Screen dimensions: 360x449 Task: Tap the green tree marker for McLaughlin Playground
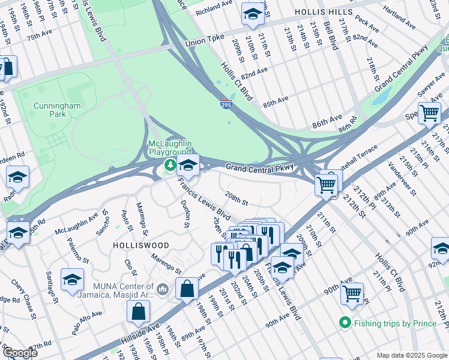pyautogui.click(x=170, y=166)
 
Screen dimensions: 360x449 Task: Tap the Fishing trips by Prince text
pyautogui.click(x=395, y=323)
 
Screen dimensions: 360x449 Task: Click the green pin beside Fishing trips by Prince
pyautogui.click(x=345, y=323)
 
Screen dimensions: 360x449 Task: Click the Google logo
pyautogui.click(x=20, y=353)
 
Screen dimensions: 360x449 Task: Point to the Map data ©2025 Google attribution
pyautogui.click(x=411, y=355)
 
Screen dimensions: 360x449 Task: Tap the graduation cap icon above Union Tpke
pyautogui.click(x=253, y=14)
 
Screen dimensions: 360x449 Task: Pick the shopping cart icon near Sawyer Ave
pyautogui.click(x=430, y=113)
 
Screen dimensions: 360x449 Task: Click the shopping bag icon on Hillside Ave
pyautogui.click(x=139, y=311)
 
